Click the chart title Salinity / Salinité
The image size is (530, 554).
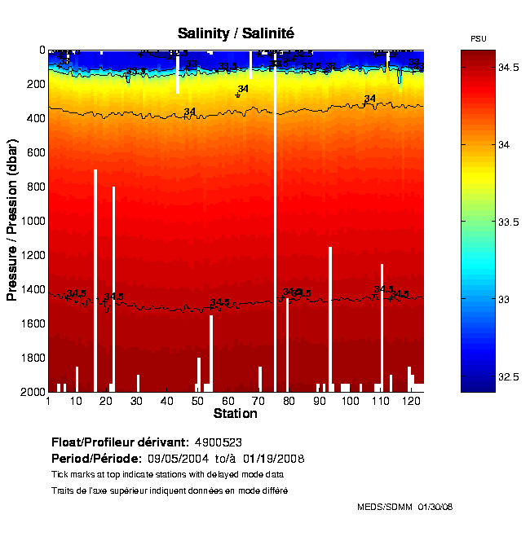click(236, 33)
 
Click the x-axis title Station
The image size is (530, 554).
click(235, 414)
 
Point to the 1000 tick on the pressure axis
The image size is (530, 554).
click(31, 221)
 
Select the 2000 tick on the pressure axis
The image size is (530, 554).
click(31, 392)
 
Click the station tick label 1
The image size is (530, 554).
click(49, 401)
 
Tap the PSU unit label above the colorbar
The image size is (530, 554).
click(479, 39)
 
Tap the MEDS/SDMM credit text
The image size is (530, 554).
click(385, 507)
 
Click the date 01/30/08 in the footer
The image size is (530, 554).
click(435, 507)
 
